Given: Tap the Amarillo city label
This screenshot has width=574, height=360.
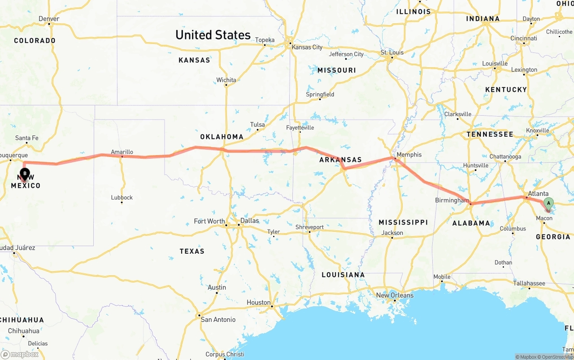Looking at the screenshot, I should point(122,152).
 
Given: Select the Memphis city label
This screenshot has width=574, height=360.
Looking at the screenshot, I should point(409,155).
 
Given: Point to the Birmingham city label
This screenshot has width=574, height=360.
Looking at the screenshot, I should point(452,200).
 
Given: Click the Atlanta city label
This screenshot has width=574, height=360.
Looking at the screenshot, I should point(538,194).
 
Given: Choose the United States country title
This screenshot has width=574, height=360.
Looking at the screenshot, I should point(213,35).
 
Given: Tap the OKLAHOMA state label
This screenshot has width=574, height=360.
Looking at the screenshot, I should point(222,137).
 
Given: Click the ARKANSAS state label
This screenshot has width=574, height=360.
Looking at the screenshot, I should point(340,160).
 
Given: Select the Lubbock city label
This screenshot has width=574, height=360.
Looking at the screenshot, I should point(122,197).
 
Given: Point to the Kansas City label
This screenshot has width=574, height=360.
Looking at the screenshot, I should point(307,47).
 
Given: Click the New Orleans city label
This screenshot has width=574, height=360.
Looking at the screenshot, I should point(395,295).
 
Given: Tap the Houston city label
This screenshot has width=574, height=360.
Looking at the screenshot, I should point(258,303).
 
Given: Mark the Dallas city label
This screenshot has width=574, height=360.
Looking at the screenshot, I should point(249,221).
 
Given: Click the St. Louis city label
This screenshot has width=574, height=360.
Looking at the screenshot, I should point(392,52).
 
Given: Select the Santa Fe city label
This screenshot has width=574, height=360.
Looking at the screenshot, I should point(26,138).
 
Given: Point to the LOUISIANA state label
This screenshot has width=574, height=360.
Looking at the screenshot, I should point(343,275).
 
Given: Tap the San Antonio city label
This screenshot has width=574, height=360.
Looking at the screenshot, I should point(218,320).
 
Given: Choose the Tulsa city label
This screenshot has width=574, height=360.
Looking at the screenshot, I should point(257,125).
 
